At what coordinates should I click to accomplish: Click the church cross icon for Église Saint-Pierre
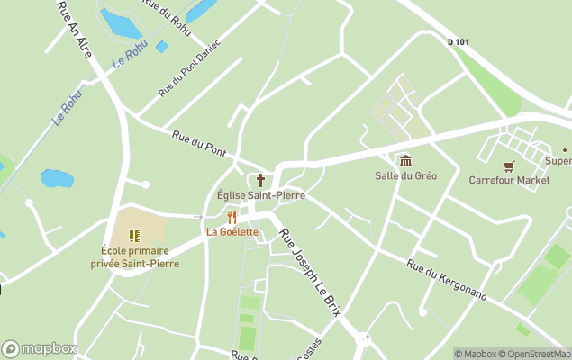(x=261, y=180)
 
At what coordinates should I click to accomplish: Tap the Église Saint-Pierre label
(x=261, y=195)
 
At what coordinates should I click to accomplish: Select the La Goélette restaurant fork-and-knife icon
(x=232, y=217)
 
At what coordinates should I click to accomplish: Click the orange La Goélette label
(x=232, y=232)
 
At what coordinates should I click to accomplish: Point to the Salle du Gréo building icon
(x=405, y=161)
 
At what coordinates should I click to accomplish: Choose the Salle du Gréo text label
(x=405, y=175)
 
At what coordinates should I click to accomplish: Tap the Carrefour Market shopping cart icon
(x=509, y=166)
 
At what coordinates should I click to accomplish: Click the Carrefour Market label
(x=509, y=180)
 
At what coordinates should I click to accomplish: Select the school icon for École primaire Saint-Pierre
(x=134, y=236)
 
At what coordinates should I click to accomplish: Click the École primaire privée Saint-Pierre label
(x=134, y=256)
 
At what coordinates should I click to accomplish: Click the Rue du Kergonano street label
(x=447, y=280)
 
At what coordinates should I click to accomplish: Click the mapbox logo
(x=40, y=349)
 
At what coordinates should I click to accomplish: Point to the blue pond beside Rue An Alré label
(x=120, y=24)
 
